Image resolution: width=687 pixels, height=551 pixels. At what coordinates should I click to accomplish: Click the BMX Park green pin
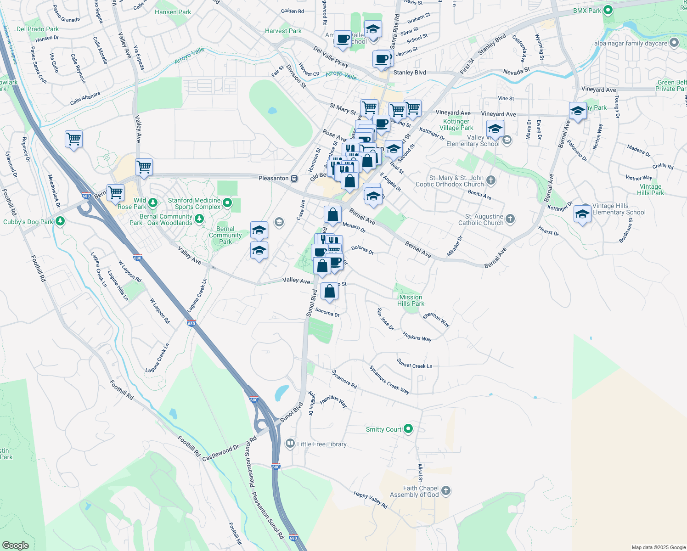click(x=608, y=10)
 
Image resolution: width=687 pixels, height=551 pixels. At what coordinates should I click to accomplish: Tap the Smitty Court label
click(x=383, y=429)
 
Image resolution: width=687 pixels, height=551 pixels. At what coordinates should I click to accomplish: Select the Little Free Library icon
click(x=290, y=444)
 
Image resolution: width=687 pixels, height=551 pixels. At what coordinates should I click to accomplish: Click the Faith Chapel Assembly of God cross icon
click(x=445, y=491)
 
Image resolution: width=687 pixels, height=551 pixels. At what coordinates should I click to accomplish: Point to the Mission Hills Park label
click(x=411, y=300)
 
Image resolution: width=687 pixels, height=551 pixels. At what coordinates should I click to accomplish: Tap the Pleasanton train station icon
click(x=294, y=178)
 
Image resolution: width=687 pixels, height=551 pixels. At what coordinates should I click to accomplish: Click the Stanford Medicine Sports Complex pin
click(x=227, y=202)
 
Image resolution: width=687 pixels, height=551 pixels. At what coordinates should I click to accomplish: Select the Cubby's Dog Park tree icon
click(x=60, y=221)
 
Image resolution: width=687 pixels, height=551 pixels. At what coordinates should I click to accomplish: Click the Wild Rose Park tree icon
click(x=153, y=202)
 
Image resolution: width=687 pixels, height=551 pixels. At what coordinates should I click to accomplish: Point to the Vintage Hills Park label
click(x=650, y=190)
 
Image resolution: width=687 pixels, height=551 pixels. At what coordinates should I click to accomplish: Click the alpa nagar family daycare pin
click(x=674, y=43)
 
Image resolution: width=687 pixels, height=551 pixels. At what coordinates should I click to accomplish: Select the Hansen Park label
click(x=173, y=12)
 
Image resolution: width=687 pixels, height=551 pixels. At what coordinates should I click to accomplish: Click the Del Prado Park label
click(x=38, y=29)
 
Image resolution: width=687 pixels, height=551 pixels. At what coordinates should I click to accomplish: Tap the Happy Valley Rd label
click(x=370, y=500)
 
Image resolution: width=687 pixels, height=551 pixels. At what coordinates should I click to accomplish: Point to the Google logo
click(x=15, y=545)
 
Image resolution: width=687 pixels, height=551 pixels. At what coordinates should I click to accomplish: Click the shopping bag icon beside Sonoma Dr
click(x=330, y=292)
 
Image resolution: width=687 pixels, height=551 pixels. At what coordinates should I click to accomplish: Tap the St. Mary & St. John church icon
click(x=491, y=180)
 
